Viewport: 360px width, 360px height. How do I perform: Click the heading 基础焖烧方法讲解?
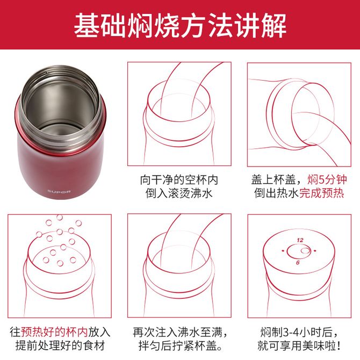pos(180,25)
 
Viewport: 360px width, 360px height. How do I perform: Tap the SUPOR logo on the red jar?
pos(59,191)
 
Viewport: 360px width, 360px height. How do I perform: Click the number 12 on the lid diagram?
pos(300,240)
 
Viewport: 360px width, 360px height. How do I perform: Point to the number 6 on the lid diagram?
pos(298,262)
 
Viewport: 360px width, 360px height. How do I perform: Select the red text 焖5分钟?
pos(327,179)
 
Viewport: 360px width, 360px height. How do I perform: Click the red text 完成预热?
pos(322,193)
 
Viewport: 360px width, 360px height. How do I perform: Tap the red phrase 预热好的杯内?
pos(54,332)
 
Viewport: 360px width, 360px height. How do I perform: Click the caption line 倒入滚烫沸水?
pos(179,193)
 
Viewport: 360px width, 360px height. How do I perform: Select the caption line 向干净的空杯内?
pos(179,179)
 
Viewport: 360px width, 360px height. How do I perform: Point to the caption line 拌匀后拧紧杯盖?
pos(181,345)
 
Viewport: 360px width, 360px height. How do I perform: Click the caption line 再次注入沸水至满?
pos(181,332)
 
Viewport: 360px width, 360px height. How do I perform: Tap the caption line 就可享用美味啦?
pos(299,345)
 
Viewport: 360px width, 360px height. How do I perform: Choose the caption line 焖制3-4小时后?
pos(299,332)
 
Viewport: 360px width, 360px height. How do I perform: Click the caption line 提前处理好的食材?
pos(60,345)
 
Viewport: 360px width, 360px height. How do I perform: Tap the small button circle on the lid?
pos(305,250)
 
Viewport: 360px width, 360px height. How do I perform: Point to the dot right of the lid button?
pos(315,251)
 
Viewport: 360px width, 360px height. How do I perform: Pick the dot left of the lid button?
pos(283,251)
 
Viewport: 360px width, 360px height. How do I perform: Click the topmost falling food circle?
pos(60,217)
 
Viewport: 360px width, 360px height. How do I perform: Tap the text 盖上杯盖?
pos(273,179)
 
